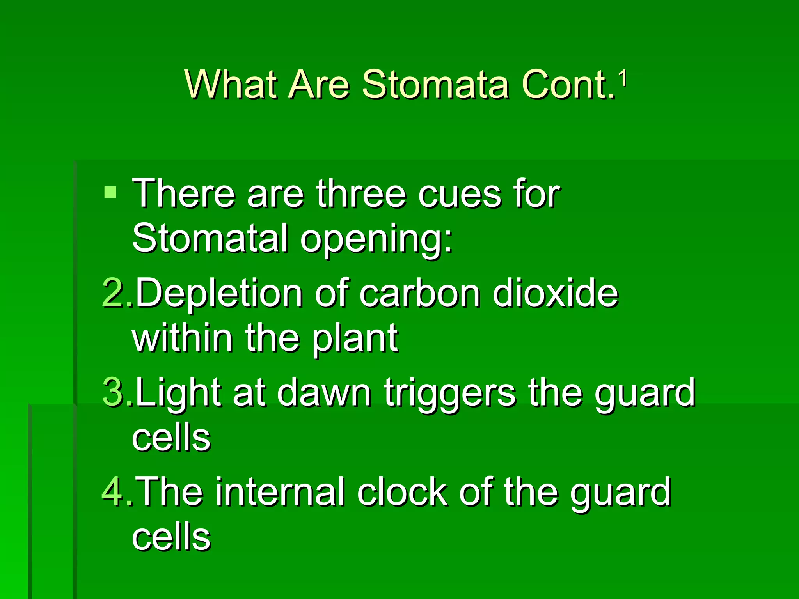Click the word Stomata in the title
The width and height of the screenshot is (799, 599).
tap(435, 85)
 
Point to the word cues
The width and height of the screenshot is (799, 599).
tap(460, 195)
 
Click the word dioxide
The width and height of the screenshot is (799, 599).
tap(556, 293)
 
